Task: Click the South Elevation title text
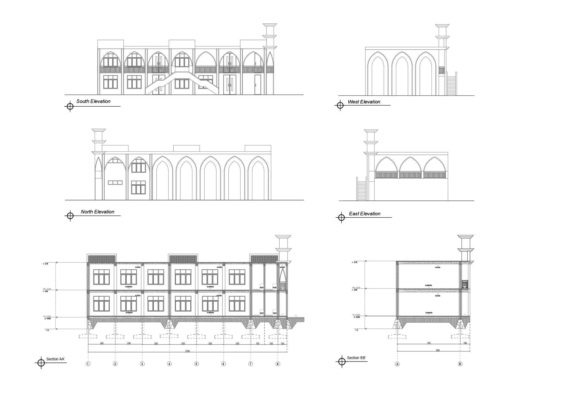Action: pos(93,101)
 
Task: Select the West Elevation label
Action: pos(364,102)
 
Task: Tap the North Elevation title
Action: pos(97,212)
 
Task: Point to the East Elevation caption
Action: pos(365,214)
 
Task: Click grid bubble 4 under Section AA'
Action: pos(170,364)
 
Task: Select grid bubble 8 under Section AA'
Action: pos(278,364)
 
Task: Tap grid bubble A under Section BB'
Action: pos(398,364)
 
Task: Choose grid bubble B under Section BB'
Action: pos(460,364)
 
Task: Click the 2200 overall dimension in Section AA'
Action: pos(187,351)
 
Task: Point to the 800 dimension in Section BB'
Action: pos(438,350)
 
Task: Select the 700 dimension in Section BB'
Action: pos(429,343)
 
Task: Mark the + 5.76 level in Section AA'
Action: pos(45,264)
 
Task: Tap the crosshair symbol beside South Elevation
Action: pos(70,106)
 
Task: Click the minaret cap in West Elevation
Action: pos(442,25)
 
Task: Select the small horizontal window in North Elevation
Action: pos(115,182)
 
